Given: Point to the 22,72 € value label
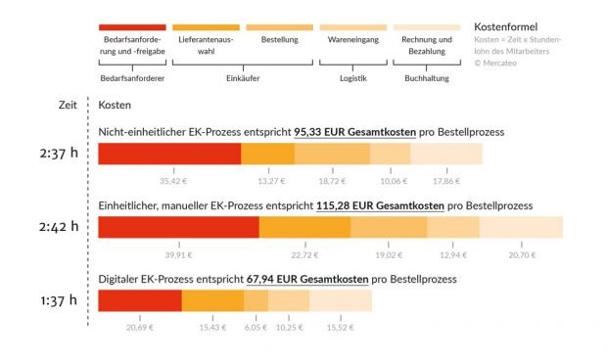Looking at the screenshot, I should pos(304,254).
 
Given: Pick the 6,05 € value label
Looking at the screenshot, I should pos(257,328).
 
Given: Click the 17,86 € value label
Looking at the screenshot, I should pos(445,181).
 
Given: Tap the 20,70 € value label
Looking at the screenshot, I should pos(522,254).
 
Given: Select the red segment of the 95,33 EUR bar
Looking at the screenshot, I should pos(169,153).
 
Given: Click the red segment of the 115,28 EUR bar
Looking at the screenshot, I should pos(179,227).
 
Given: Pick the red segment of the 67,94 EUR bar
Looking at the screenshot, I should pos(140,300).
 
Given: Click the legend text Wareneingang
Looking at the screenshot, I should pos(351,40).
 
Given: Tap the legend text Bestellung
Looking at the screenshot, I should pos(279,40).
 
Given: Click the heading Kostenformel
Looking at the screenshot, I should pos(505,26).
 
